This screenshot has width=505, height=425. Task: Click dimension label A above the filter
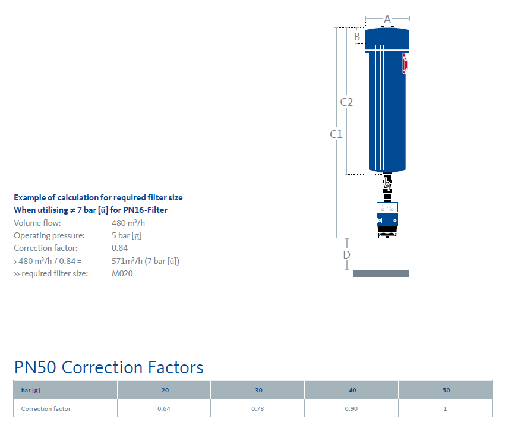coord(387,19)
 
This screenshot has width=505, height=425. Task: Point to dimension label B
coord(357,37)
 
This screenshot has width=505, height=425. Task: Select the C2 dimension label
coord(346,102)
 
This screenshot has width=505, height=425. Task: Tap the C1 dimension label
coord(336,134)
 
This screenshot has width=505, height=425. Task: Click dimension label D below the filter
coord(346,255)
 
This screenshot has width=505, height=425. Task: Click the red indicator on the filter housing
coord(405,64)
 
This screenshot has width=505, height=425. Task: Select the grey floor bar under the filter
coord(381,273)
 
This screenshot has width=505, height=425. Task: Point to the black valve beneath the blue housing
coord(387,187)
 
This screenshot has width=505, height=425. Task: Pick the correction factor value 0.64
coord(163,408)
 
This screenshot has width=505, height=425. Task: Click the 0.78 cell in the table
coord(258,408)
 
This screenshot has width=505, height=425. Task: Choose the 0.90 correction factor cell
coord(351,408)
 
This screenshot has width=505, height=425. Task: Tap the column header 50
coord(446,390)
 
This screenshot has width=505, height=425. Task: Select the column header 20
coord(165,390)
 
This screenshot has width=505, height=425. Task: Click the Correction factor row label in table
coord(46,408)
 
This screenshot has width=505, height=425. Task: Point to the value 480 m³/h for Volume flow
coord(128,223)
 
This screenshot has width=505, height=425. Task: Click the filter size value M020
coord(122,273)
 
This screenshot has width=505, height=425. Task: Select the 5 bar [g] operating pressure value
coord(127,235)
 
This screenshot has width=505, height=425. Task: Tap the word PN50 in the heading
coord(35,367)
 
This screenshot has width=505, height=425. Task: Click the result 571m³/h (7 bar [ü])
coord(146,261)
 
